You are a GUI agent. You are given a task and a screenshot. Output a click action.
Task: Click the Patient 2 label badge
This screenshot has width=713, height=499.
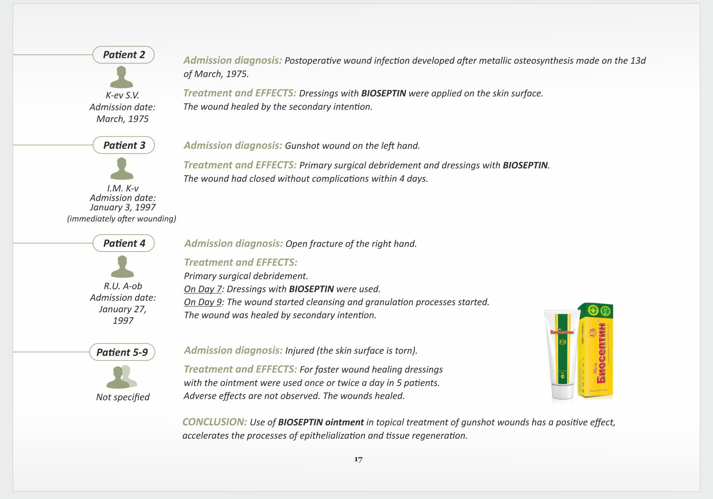coord(123,55)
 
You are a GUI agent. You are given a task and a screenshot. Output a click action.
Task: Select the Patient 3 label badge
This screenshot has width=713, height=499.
coord(124,145)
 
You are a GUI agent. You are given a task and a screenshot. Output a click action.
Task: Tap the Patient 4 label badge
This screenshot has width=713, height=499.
coord(124,243)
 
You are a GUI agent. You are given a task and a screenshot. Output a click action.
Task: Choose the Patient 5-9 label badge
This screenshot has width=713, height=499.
coord(122,352)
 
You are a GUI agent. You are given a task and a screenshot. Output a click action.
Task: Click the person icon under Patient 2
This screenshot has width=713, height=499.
coord(122,77)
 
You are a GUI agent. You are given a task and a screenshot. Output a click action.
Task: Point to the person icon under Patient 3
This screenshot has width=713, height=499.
coord(122,169)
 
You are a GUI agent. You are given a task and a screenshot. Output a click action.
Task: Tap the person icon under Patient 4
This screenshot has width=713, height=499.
coord(122,267)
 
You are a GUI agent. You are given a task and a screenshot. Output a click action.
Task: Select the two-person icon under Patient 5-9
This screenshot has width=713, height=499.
coord(122,377)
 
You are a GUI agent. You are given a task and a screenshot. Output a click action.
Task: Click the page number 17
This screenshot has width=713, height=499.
coord(358,459)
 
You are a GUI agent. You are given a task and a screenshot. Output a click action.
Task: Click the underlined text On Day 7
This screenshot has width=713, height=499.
coord(203,289)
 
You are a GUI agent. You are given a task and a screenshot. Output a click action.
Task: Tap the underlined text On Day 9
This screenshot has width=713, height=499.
coord(203,302)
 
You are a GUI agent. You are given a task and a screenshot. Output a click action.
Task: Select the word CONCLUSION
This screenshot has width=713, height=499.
coord(214,422)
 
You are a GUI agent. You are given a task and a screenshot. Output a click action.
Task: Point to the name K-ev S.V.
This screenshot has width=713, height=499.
coord(123,95)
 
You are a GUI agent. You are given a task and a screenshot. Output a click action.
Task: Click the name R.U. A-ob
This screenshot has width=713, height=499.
coord(123,286)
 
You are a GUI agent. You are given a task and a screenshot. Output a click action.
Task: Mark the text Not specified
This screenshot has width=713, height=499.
coord(123,397)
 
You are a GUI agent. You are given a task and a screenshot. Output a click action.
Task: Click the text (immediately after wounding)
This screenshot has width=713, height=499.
coord(122,219)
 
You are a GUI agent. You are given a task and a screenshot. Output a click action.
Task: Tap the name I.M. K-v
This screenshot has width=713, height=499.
coord(123,188)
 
